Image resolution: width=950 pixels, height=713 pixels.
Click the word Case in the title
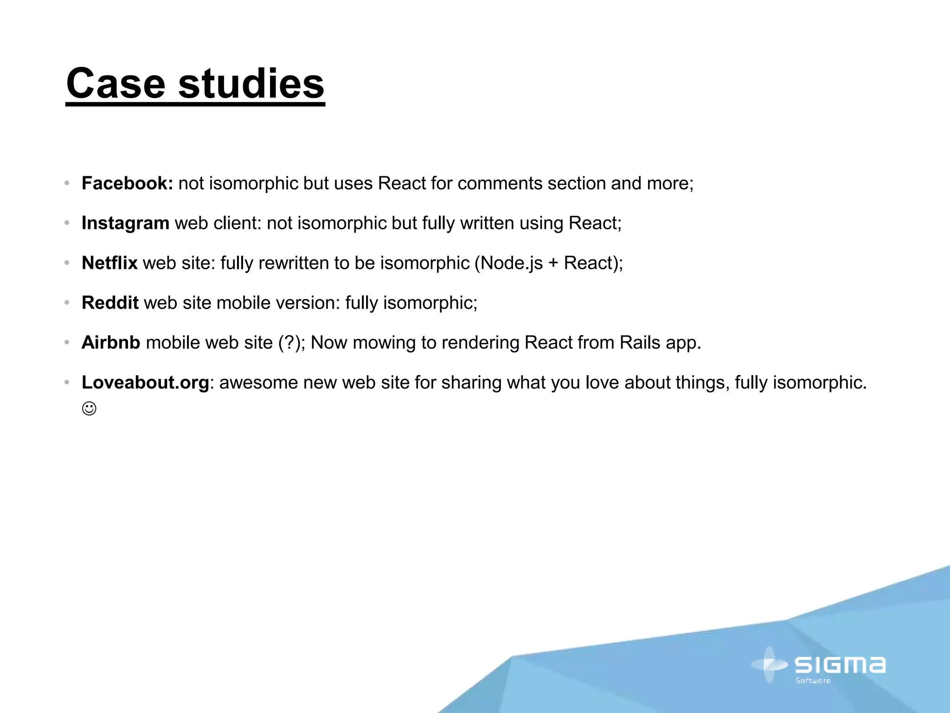click(x=116, y=84)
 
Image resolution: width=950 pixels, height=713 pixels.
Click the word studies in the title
click(x=251, y=84)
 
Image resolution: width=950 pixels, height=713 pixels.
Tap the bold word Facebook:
click(x=127, y=183)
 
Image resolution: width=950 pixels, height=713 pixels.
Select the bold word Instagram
click(x=125, y=223)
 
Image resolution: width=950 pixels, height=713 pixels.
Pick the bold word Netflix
click(x=109, y=263)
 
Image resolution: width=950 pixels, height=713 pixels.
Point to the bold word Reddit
click(x=110, y=303)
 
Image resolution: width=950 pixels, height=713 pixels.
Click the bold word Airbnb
click(x=111, y=343)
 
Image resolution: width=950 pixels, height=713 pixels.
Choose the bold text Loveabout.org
click(x=145, y=382)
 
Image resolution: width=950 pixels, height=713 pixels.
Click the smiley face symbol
click(x=89, y=409)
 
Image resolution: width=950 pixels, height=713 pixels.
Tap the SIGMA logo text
click(x=840, y=665)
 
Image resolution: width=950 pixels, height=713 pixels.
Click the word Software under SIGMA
click(x=813, y=681)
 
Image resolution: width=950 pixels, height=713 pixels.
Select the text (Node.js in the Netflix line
click(x=508, y=263)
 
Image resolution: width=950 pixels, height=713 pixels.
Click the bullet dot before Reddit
click(x=67, y=303)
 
